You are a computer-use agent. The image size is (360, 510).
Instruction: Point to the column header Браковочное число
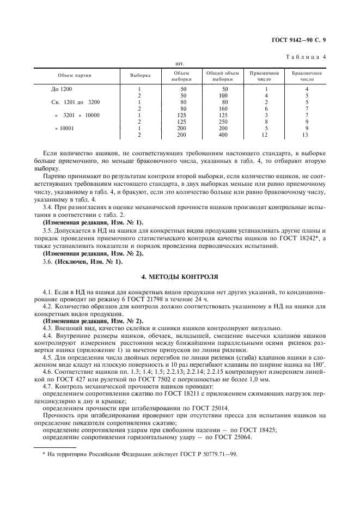pyautogui.click(x=307, y=76)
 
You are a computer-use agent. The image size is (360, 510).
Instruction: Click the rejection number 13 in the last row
pyautogui.click(x=307, y=135)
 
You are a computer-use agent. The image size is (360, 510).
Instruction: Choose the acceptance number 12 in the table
pyautogui.click(x=265, y=135)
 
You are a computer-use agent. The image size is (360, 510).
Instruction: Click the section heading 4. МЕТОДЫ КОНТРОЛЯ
pyautogui.click(x=180, y=277)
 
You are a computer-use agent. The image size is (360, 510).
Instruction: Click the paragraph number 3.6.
pyautogui.click(x=48, y=262)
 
